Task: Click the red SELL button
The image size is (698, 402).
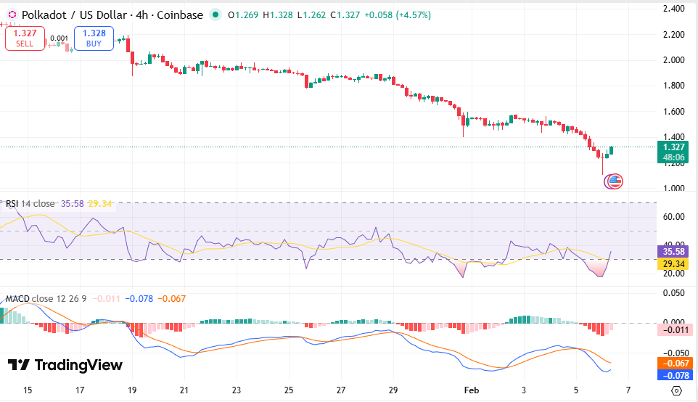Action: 25,38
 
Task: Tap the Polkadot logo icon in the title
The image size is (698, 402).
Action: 12,15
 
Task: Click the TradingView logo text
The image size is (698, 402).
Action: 65,365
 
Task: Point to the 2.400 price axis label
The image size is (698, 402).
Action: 673,9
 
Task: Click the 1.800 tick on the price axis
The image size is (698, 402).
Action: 673,86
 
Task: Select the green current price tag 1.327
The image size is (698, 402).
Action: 674,147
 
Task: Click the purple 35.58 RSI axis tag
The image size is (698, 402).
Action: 674,251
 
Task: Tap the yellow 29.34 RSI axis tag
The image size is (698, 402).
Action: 674,264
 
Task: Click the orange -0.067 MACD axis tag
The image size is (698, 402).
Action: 674,364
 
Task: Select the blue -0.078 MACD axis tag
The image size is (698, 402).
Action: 674,376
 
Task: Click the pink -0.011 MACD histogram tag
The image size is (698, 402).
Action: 674,330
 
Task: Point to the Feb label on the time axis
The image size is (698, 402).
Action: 472,390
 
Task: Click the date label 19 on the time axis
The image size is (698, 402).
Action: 132,390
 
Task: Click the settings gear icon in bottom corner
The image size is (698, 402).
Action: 676,390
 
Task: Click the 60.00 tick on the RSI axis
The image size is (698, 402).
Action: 673,217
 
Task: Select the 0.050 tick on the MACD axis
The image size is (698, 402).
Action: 673,292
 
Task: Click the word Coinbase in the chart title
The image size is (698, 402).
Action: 179,15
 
